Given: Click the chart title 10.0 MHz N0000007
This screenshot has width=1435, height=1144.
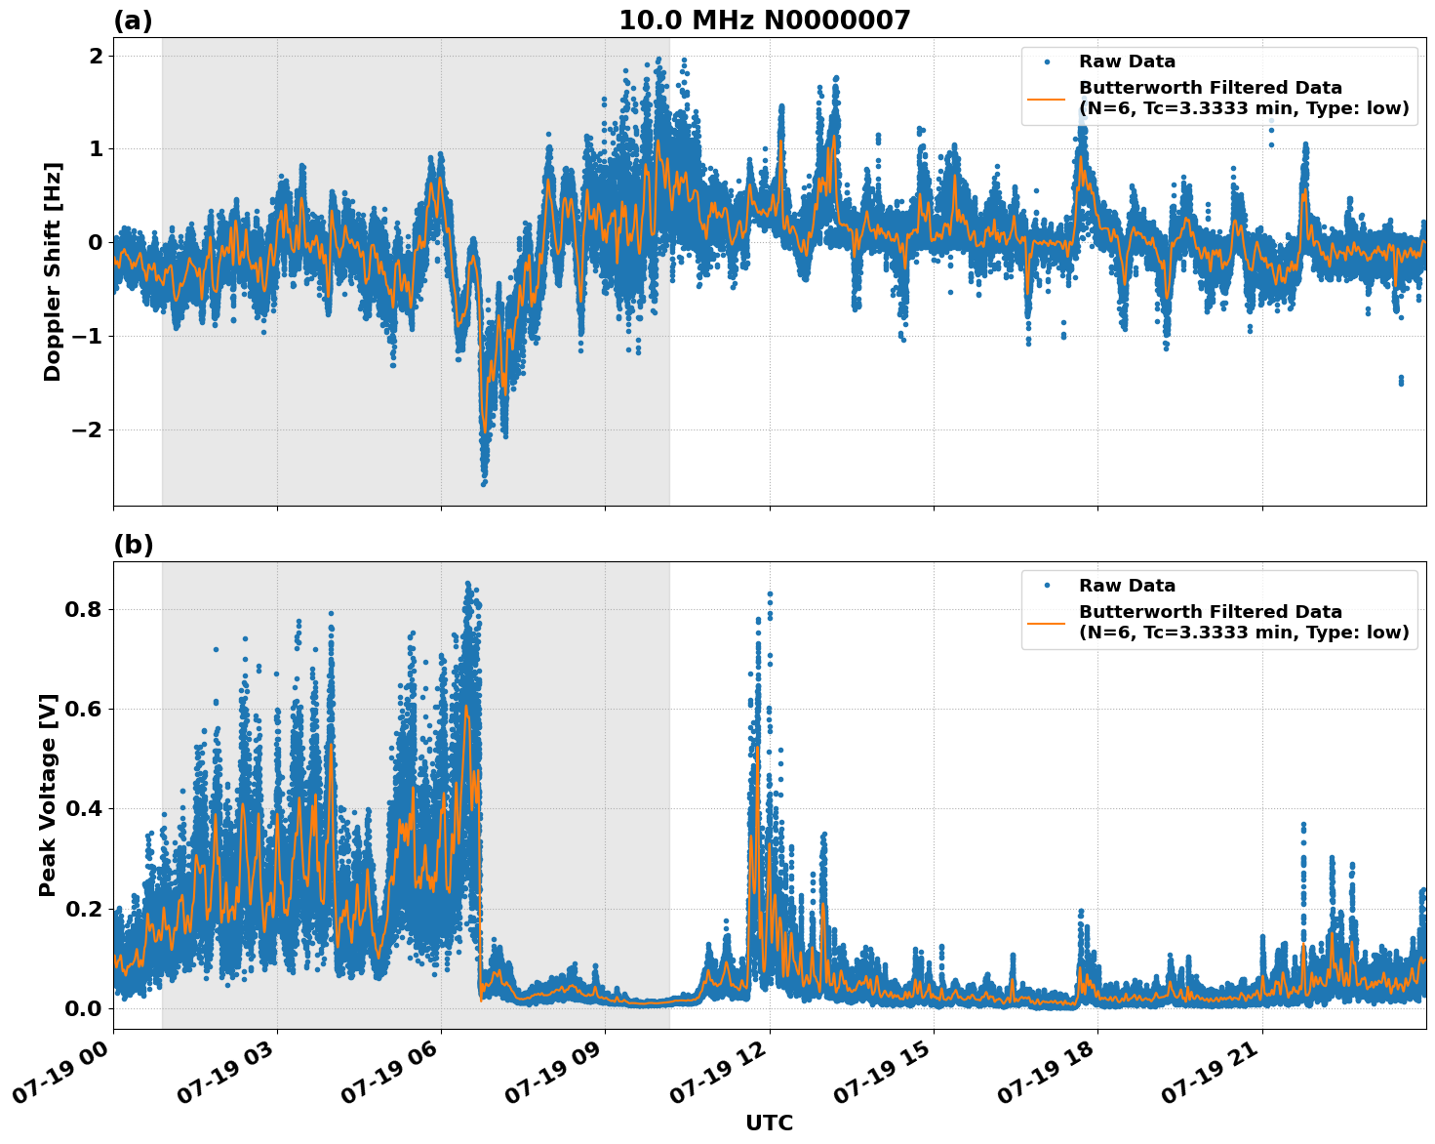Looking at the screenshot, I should click(x=764, y=20).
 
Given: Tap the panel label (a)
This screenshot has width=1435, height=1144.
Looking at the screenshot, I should click(x=133, y=20).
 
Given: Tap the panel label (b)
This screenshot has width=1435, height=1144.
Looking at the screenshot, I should click(x=133, y=545).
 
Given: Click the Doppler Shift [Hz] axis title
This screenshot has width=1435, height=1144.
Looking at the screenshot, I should click(x=53, y=271).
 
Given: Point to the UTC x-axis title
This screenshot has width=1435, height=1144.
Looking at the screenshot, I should click(x=769, y=1123).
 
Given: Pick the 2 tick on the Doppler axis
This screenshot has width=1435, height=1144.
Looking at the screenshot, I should click(x=96, y=56).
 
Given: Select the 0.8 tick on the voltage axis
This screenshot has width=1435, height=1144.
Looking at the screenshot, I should click(x=83, y=609).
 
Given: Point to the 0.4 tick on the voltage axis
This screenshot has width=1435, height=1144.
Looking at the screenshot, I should click(x=83, y=808).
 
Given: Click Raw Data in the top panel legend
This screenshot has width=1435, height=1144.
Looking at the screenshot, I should click(x=1127, y=61).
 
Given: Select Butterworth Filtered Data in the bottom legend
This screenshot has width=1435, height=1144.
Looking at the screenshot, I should click(x=1210, y=612).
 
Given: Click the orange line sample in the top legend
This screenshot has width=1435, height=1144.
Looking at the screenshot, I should click(x=1047, y=99).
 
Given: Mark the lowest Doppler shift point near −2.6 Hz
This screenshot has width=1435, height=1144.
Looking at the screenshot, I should click(x=484, y=482).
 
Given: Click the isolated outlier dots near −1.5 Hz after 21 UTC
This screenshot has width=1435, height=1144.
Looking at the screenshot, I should click(x=1401, y=380).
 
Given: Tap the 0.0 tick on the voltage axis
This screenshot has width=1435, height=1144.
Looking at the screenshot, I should click(x=83, y=1007).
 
